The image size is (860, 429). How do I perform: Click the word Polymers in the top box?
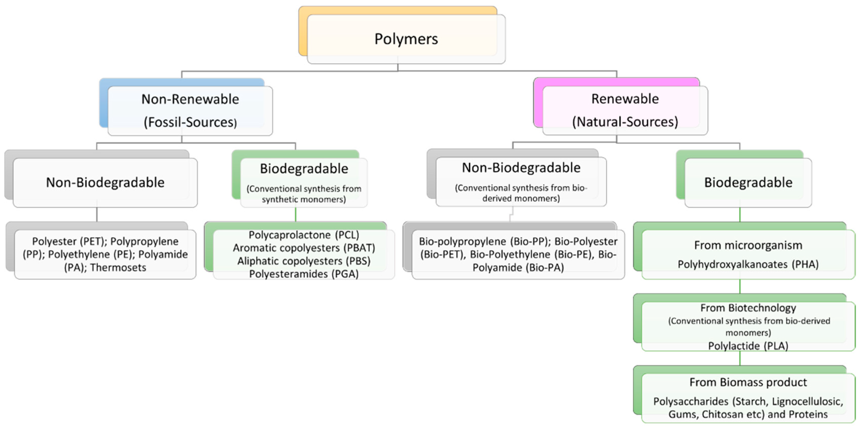click(x=406, y=39)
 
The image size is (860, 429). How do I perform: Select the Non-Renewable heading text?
click(x=190, y=99)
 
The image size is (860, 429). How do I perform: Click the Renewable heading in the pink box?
click(x=625, y=99)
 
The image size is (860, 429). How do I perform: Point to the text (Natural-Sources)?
click(x=625, y=122)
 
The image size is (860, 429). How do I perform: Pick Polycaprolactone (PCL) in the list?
click(x=304, y=235)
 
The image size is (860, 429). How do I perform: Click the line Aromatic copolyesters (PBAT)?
click(x=304, y=248)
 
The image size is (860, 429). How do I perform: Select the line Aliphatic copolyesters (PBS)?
click(x=304, y=261)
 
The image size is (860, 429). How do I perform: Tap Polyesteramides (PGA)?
click(x=304, y=274)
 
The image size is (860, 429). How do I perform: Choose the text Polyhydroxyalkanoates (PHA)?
click(x=748, y=264)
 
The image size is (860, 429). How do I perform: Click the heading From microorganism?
click(x=748, y=245)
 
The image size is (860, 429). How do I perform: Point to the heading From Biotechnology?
click(x=748, y=308)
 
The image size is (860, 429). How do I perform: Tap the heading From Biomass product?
click(x=748, y=382)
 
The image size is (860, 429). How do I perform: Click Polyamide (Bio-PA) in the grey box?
click(x=518, y=268)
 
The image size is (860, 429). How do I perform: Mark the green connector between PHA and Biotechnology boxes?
click(x=740, y=286)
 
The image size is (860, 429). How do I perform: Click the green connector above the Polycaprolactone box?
click(x=295, y=215)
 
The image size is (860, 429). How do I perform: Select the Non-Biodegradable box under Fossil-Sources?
click(x=105, y=182)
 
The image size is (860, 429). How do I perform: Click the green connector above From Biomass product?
click(x=740, y=358)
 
